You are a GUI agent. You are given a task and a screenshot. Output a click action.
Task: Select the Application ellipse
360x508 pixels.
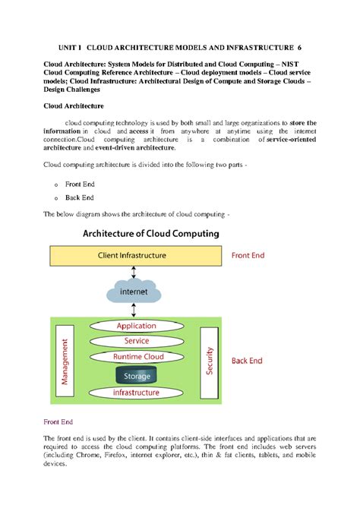click(x=137, y=326)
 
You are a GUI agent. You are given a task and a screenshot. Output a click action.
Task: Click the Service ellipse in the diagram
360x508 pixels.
click(x=137, y=341)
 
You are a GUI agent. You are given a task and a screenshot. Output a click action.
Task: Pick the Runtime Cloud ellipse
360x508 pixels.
click(x=137, y=356)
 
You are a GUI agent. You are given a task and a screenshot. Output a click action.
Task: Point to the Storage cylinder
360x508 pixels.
click(x=137, y=374)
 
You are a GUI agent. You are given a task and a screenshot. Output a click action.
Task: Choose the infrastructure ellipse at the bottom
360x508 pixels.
click(x=137, y=393)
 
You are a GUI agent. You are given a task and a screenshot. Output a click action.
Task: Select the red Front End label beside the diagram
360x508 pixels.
click(x=248, y=256)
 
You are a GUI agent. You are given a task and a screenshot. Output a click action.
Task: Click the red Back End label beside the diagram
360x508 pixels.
click(x=248, y=360)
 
